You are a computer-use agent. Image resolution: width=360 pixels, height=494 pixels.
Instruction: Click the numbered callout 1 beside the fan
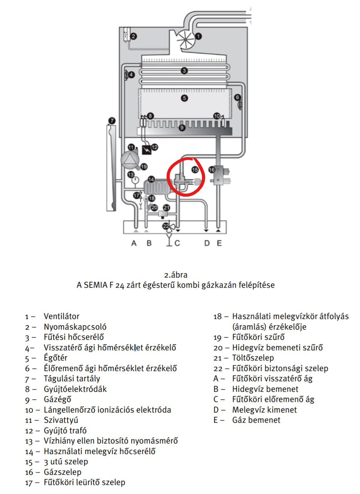[198, 36]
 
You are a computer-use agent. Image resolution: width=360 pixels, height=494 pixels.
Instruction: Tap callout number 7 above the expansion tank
[112, 121]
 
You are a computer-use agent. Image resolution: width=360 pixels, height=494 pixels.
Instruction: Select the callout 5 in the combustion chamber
[184, 98]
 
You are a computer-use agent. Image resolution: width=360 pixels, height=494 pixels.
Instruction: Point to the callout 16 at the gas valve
[212, 170]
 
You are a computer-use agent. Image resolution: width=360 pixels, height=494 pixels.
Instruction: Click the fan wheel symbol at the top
[186, 39]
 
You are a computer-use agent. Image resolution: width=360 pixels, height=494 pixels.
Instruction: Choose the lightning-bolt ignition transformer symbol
[146, 150]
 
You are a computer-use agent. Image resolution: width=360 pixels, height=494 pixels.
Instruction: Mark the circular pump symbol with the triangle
[130, 160]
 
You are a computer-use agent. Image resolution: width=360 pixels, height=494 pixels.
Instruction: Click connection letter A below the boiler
[134, 243]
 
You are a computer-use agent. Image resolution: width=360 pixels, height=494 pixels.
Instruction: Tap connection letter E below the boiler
[219, 243]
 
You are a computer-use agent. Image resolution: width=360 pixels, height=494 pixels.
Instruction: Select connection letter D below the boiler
[207, 243]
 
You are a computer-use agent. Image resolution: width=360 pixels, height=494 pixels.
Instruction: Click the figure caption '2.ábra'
[176, 275]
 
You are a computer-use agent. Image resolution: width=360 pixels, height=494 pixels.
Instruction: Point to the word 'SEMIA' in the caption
[96, 285]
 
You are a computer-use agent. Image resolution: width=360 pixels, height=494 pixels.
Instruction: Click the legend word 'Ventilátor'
[61, 316]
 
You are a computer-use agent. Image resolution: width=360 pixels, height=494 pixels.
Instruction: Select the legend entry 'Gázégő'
[57, 399]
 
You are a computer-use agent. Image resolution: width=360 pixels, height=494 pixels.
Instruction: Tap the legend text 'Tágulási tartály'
[72, 379]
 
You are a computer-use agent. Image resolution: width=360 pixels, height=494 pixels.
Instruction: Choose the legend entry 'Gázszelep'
[63, 472]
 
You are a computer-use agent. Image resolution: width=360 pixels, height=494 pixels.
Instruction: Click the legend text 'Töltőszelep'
[253, 358]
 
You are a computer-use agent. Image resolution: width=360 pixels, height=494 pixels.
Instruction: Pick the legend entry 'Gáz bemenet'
[256, 420]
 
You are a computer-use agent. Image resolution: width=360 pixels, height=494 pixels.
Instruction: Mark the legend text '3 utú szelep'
[66, 462]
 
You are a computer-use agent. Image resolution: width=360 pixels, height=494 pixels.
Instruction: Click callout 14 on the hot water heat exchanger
[151, 179]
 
